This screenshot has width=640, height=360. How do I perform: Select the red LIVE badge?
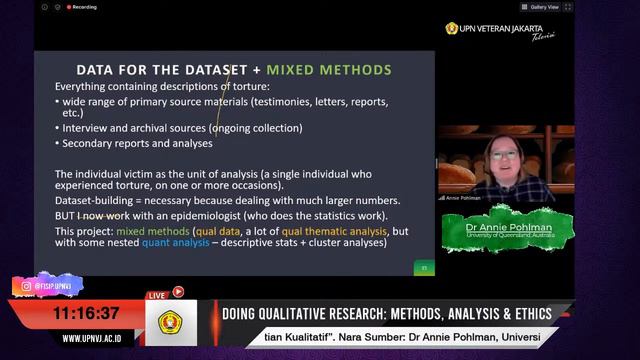(157, 295)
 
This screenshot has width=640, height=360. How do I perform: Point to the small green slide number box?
(425, 267)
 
